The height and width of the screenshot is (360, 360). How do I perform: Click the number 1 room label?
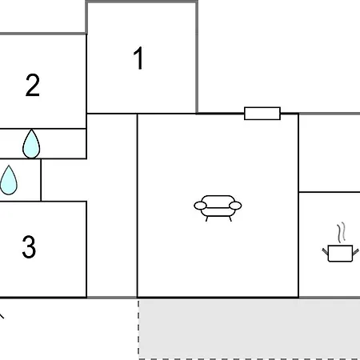[x=138, y=58]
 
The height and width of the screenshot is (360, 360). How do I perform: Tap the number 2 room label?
[x=33, y=85]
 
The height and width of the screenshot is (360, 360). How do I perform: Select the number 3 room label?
[x=29, y=246]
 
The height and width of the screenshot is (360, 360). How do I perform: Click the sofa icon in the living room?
[x=218, y=208]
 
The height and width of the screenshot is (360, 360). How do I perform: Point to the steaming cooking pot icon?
[x=340, y=242]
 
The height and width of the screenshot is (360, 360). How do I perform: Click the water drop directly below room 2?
[x=31, y=144]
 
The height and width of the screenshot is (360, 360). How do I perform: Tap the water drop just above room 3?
[x=9, y=180]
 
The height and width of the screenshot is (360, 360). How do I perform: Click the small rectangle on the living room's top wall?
[x=262, y=114]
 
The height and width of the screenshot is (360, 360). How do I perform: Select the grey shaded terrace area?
[x=249, y=329]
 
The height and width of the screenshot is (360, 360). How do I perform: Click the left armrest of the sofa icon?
[x=200, y=206]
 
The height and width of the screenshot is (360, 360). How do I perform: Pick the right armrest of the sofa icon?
[x=235, y=206]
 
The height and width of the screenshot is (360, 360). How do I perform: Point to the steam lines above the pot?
[x=341, y=232]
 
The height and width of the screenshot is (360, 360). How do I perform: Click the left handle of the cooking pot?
[x=325, y=252]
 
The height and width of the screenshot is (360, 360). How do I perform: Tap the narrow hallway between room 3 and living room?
[x=112, y=206]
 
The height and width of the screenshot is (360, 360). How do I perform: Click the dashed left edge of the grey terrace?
[x=138, y=329]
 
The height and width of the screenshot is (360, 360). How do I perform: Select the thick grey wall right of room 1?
[x=197, y=58]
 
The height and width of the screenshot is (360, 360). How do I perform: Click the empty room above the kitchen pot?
[x=330, y=153]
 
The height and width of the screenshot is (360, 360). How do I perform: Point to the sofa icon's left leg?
[x=206, y=218]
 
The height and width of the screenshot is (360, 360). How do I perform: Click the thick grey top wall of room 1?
[x=142, y=2]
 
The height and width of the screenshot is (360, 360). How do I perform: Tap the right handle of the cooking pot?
[x=356, y=252]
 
